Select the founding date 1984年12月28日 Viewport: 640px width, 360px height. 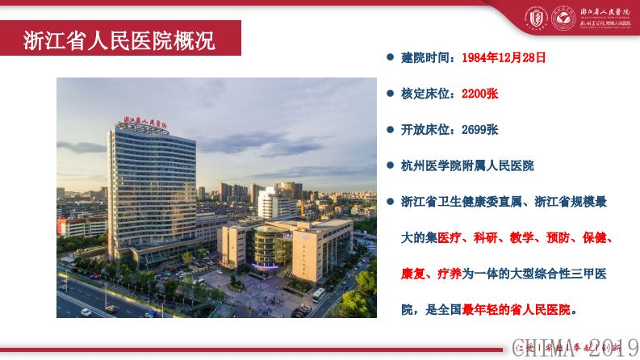[504, 58]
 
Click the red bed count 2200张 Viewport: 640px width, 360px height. [479, 94]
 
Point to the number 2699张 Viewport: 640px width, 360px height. [479, 129]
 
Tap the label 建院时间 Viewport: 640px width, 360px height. [427, 58]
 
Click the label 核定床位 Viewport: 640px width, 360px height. [427, 94]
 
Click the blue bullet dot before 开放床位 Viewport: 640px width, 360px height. [389, 129]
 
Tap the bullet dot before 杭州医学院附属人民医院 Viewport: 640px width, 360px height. [389, 165]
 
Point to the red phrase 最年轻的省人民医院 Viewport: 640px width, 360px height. [516, 309]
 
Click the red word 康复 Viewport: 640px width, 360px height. [414, 274]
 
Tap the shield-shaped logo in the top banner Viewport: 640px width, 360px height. [535, 17]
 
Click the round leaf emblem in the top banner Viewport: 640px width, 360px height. [561, 17]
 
